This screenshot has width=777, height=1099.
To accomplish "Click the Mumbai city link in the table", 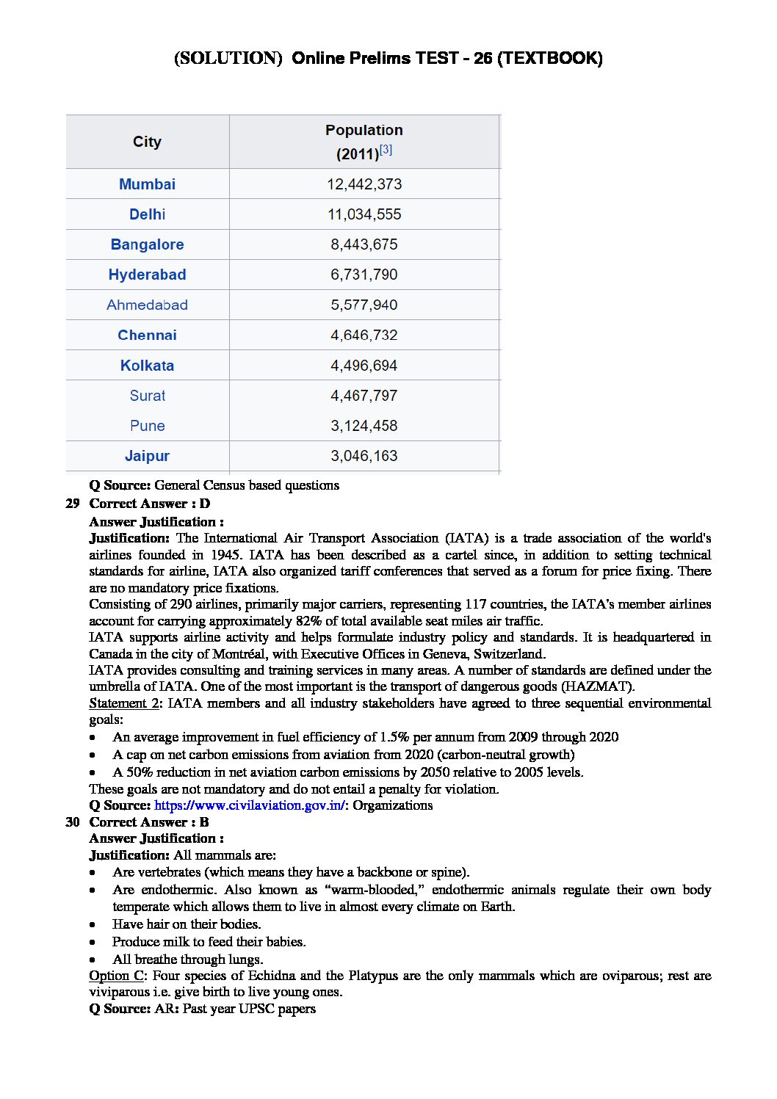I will click(x=147, y=184).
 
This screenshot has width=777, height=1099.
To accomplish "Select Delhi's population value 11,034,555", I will click(x=364, y=214).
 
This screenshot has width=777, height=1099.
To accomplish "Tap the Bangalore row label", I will click(x=147, y=244).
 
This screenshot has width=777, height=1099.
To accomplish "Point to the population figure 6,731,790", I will click(x=364, y=275).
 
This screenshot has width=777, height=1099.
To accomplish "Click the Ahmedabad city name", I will click(x=147, y=305).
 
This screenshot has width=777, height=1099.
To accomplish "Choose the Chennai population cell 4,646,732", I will click(x=364, y=335).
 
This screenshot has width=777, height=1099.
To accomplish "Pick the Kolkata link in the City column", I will click(x=147, y=366).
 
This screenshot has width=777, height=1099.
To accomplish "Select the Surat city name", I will click(x=147, y=396).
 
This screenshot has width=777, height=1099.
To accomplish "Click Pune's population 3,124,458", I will click(x=364, y=426).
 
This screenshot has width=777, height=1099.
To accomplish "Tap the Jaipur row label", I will click(x=147, y=456).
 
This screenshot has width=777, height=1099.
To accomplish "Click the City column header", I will click(x=147, y=142).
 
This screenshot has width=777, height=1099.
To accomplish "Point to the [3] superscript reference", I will click(x=386, y=150).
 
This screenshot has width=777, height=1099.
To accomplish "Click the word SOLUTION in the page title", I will click(x=228, y=58).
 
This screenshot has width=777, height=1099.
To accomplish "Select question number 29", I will click(x=73, y=504).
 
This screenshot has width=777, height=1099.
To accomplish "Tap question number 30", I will click(x=73, y=822).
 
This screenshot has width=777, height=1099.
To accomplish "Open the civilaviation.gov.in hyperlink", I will click(x=249, y=805).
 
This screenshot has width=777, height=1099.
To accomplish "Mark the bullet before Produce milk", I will click(x=93, y=943).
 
